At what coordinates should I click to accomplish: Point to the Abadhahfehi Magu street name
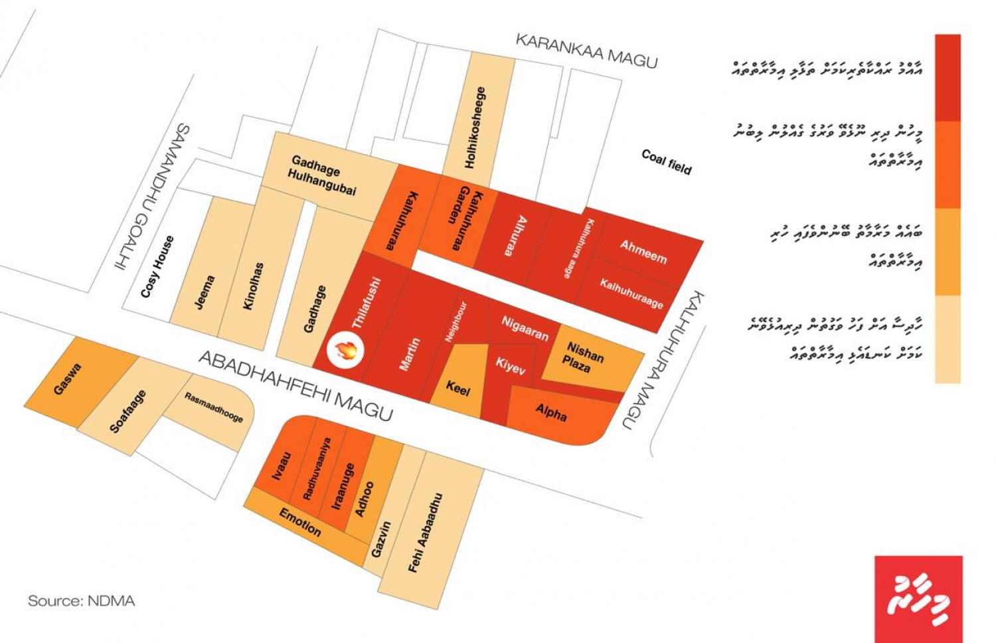click(x=295, y=385)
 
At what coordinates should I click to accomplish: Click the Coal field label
click(x=666, y=161)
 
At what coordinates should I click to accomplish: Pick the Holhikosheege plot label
click(x=476, y=127)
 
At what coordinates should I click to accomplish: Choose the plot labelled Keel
click(x=457, y=387)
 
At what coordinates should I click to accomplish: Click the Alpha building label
click(x=551, y=413)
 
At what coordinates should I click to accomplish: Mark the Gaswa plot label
click(x=67, y=379)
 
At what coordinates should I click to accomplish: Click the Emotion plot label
click(x=299, y=522)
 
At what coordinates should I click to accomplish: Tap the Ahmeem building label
click(x=643, y=252)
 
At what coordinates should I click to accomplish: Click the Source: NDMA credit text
click(x=81, y=601)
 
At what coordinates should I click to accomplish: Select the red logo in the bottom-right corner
click(x=918, y=598)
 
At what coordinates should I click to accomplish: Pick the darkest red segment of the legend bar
click(x=948, y=77)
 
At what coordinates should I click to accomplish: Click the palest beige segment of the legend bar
click(x=948, y=339)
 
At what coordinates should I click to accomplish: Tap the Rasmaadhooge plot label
click(x=213, y=407)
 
